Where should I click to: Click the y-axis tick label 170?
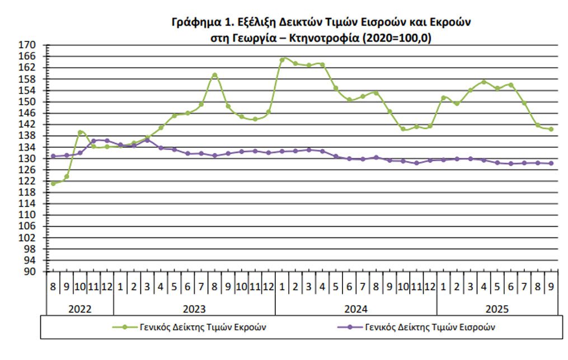(29, 45)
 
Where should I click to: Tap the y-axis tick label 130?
(29, 158)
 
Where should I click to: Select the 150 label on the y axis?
(29, 102)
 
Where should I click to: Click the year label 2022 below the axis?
(79, 308)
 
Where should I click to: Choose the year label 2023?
(194, 308)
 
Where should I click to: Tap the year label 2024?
(355, 308)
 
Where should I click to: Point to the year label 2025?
(497, 308)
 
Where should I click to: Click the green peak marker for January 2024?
(283, 59)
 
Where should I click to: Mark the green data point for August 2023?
(215, 75)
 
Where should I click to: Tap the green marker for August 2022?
(53, 183)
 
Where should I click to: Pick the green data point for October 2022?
(80, 132)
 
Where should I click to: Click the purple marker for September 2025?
(551, 163)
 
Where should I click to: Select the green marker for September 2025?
(551, 129)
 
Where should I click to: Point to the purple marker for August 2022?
(53, 156)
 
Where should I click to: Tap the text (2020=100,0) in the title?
(398, 38)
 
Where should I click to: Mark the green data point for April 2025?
(484, 82)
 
